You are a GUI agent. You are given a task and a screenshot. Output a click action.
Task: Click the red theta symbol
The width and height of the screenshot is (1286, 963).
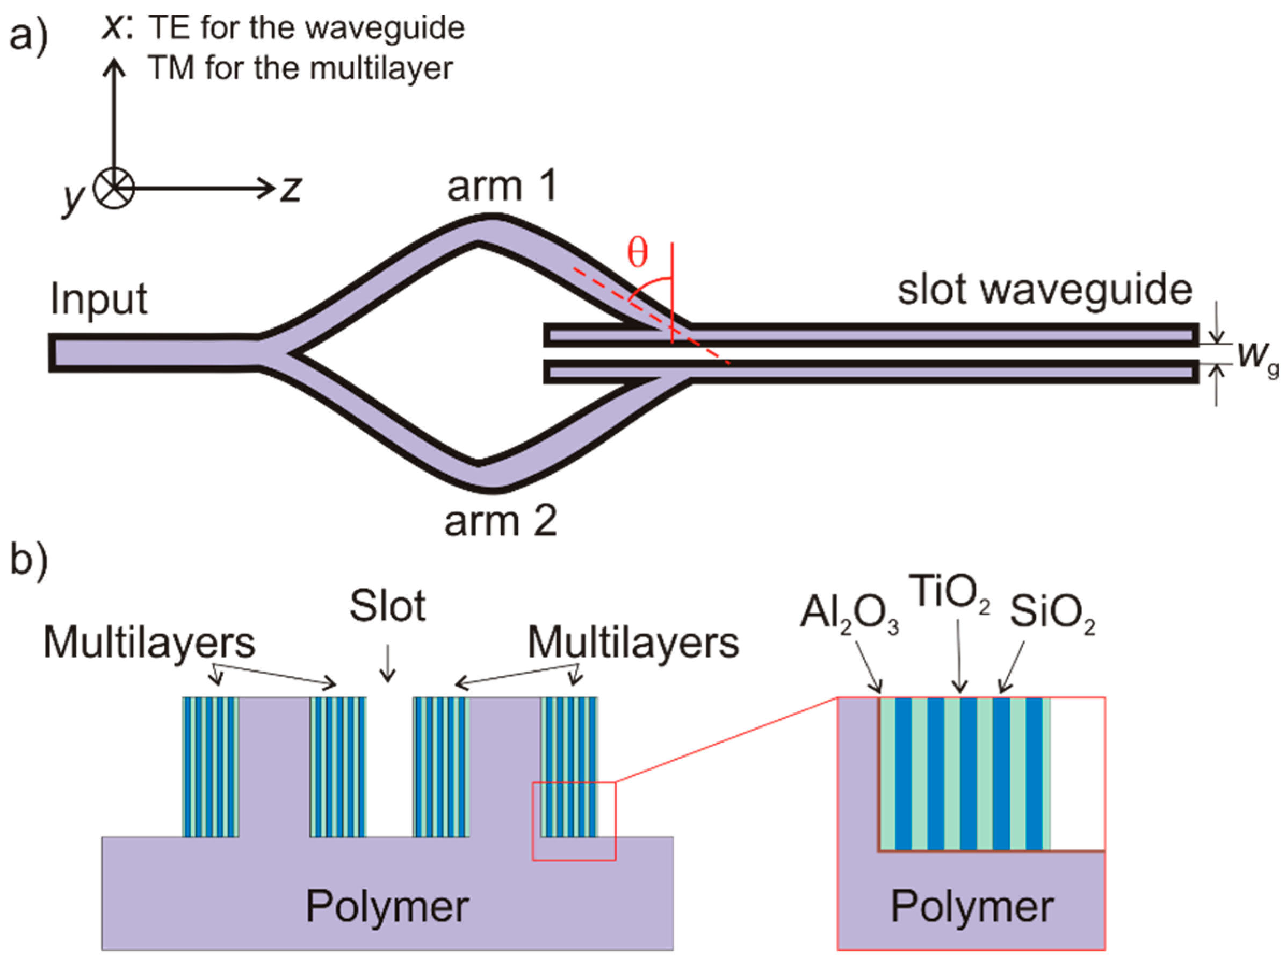637,254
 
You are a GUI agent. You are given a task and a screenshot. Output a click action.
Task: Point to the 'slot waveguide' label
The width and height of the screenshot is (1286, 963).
1045,290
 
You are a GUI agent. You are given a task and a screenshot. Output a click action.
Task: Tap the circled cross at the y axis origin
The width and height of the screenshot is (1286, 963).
114,189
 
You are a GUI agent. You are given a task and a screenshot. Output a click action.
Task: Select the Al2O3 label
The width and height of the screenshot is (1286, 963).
849,615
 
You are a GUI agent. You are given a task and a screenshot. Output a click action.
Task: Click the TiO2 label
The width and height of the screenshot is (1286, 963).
949,593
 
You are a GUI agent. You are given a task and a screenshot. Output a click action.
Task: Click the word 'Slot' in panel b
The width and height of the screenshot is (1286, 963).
388,607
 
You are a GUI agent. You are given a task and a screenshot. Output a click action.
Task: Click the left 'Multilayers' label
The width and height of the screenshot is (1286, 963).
149,643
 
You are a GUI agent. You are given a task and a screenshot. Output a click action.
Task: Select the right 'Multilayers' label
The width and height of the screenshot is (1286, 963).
633,643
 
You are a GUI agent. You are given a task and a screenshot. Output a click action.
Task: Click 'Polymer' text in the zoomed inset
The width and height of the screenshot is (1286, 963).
972,907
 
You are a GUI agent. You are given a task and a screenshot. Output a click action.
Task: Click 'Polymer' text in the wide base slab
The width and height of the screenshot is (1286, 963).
388,907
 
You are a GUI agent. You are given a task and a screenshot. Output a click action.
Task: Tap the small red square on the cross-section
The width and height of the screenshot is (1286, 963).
574,822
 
